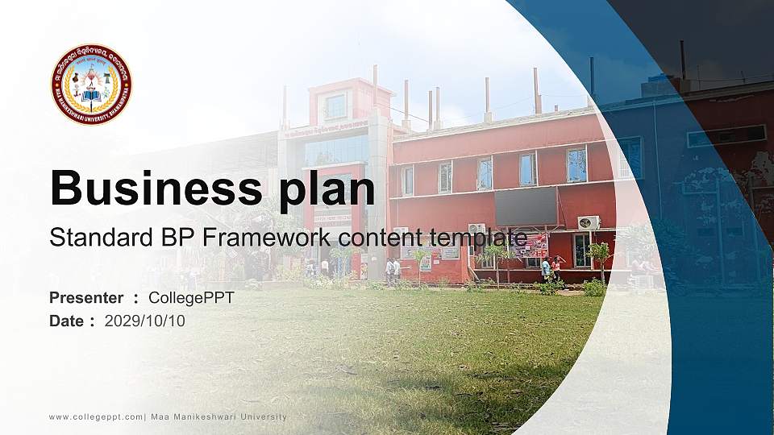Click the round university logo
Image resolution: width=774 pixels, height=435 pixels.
pyautogui.click(x=91, y=85)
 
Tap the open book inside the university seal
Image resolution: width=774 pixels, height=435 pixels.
pyautogui.click(x=91, y=95)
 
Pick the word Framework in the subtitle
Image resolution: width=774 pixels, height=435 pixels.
pyautogui.click(x=268, y=238)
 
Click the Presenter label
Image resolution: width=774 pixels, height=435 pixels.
pyautogui.click(x=86, y=298)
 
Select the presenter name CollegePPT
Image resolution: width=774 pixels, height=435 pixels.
pyautogui.click(x=191, y=298)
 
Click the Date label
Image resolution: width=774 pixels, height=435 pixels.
pyautogui.click(x=67, y=321)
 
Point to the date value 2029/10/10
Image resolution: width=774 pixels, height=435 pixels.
pyautogui.click(x=145, y=321)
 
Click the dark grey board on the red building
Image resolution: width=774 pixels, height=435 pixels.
pyautogui.click(x=525, y=206)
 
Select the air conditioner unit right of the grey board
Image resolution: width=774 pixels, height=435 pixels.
pyautogui.click(x=589, y=222)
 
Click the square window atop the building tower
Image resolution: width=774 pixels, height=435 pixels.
pyautogui.click(x=335, y=106)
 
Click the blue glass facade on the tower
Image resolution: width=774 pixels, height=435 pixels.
pyautogui.click(x=335, y=151)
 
